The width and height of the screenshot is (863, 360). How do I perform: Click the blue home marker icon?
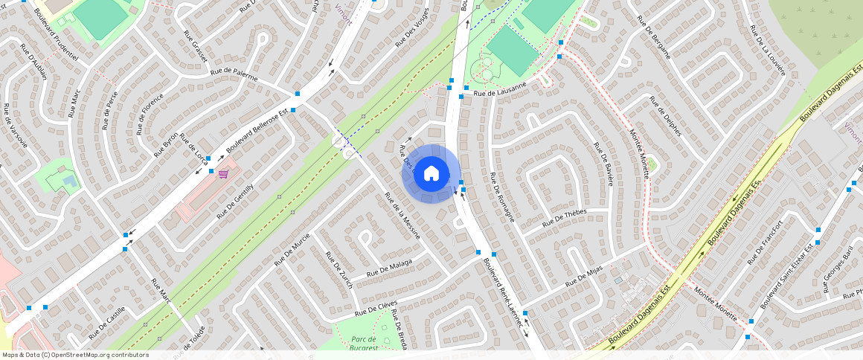[x=431, y=173]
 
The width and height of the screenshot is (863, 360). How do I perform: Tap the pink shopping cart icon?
[x=223, y=174]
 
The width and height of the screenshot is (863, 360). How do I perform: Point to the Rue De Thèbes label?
[x=565, y=217]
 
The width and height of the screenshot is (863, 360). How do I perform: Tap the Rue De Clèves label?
[x=376, y=309]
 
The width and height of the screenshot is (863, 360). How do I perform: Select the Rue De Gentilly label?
[x=235, y=201]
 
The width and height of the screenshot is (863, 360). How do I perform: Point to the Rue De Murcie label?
[x=292, y=249]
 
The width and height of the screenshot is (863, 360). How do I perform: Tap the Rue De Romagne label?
[x=502, y=198]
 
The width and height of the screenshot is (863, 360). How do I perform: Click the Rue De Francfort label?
[x=765, y=242]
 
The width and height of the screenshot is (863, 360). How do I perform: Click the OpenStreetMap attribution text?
[x=74, y=355]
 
